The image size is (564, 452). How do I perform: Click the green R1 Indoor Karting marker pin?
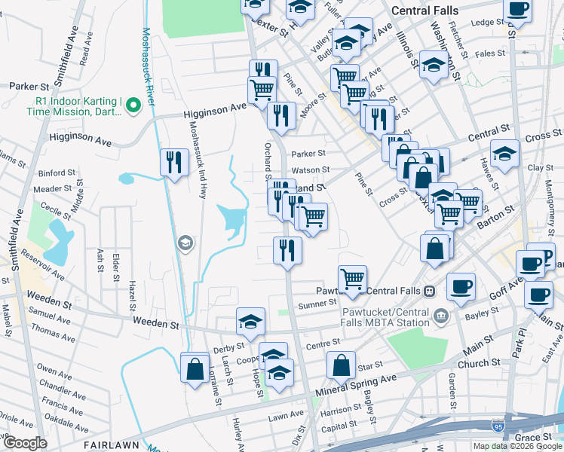coord(134,105)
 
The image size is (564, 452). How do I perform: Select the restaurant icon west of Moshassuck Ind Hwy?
coord(174,162)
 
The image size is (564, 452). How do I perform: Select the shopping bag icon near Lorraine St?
coord(195,368)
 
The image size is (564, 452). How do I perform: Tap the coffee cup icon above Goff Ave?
coord(461,286)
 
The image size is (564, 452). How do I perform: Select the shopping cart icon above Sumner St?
coord(352,279)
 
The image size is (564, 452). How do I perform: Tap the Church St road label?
coord(473,364)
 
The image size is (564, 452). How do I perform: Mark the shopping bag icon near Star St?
coord(341,365)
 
